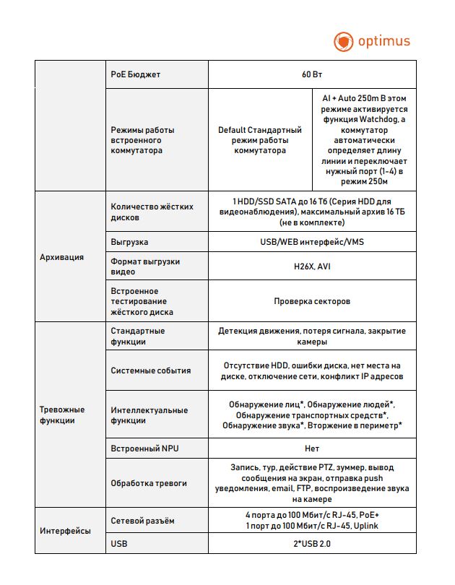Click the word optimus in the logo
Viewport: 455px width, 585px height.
[384, 41]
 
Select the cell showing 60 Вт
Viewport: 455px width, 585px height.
[312, 74]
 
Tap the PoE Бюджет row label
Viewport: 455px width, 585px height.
[136, 74]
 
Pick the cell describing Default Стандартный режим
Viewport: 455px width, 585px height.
[260, 140]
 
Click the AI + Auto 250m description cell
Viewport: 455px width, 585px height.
[365, 140]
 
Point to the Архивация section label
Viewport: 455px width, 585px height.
[62, 256]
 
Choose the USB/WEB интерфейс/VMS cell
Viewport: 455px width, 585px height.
[312, 242]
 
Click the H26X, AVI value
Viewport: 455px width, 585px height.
[312, 266]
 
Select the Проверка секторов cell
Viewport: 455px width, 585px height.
[312, 301]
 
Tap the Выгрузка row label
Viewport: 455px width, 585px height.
[130, 242]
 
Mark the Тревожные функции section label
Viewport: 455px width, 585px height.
[62, 415]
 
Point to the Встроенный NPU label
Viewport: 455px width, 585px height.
[144, 448]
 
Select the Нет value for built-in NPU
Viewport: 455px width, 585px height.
[312, 448]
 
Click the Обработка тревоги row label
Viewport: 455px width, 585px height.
[149, 483]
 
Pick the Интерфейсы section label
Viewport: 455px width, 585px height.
[65, 531]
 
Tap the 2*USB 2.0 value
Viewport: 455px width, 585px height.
[312, 543]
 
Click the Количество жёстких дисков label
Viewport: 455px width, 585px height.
[152, 212]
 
